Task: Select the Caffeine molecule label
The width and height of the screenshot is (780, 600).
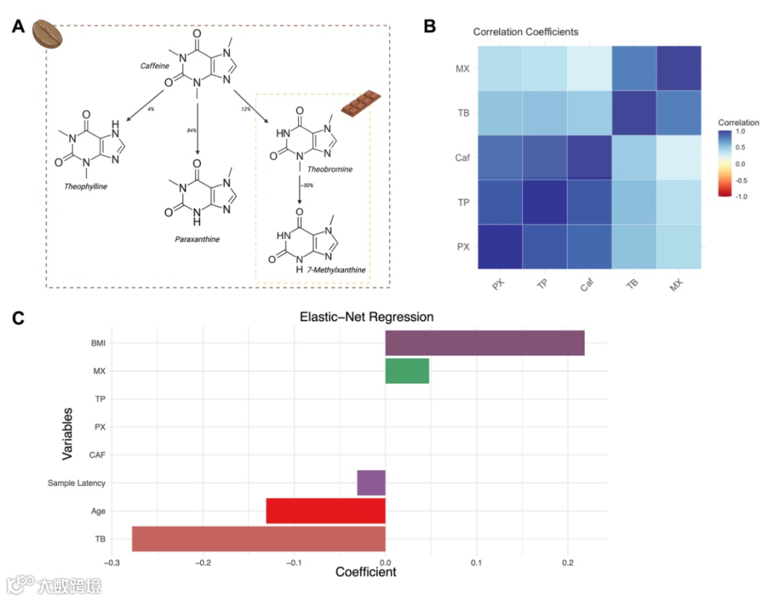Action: point(155,66)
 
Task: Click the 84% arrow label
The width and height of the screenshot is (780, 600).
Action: point(191,131)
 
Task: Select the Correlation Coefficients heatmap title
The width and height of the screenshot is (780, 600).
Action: point(525,32)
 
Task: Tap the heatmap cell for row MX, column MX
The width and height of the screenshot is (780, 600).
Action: point(679,68)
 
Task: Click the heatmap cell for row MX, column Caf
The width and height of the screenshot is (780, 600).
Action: point(589,68)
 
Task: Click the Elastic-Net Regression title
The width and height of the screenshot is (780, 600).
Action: point(366,317)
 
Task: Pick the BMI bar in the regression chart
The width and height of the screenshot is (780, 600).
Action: point(485,343)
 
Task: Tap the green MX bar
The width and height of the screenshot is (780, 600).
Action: point(407,371)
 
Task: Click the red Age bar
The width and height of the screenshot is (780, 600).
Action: point(326,510)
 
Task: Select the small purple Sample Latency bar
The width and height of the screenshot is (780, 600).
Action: point(371,482)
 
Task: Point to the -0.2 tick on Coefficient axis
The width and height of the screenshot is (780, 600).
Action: point(203,564)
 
